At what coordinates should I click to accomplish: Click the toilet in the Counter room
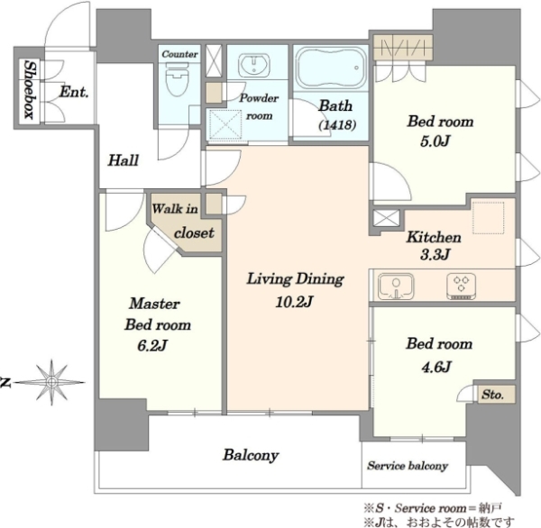pos(178,79)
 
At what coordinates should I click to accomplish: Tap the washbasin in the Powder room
pos(253,64)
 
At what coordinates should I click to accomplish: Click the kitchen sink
pos(396,286)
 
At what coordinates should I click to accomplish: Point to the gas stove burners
pos(462,286)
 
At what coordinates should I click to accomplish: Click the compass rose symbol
pos(51,382)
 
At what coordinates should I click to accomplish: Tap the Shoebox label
pos(30,90)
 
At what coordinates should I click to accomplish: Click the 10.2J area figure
pos(294,302)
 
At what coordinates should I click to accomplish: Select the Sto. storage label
pos(492,394)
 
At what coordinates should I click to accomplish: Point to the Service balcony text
pos(408,466)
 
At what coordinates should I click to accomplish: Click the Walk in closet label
pos(184,221)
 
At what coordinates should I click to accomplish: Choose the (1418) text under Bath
pos(336,124)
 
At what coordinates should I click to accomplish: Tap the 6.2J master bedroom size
pos(152,346)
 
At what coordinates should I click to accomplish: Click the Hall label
pos(124,160)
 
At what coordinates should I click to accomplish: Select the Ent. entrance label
pos(74,92)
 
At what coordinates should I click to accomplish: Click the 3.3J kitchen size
pos(435,254)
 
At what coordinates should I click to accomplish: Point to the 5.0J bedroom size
pos(436,141)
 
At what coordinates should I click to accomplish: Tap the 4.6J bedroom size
pos(436,367)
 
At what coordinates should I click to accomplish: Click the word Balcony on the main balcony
pos(251,455)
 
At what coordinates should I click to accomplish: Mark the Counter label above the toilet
pos(179,54)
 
